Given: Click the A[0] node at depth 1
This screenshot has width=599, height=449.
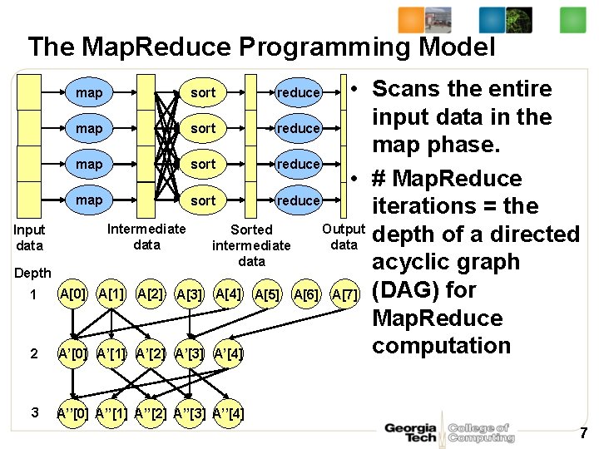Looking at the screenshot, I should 73,294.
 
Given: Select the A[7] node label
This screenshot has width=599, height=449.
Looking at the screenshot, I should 346,294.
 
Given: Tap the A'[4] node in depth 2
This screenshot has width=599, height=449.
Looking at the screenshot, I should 229,353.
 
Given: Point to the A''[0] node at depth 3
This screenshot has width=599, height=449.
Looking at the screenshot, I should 73,413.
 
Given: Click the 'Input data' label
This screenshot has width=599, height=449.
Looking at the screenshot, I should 30,237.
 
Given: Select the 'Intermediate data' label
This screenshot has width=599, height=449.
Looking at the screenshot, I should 147,236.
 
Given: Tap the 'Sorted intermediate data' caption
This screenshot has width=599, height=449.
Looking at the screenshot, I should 251,244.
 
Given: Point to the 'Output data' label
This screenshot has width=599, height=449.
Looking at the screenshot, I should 344,237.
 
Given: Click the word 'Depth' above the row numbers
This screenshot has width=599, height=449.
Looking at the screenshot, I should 32,273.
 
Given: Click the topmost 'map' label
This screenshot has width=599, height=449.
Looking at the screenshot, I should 89,92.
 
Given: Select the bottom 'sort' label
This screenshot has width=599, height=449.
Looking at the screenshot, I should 203,200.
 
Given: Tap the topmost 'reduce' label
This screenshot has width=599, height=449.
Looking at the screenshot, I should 299,93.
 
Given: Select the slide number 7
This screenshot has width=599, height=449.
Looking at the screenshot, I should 583,433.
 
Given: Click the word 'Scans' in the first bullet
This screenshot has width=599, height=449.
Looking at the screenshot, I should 408,89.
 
